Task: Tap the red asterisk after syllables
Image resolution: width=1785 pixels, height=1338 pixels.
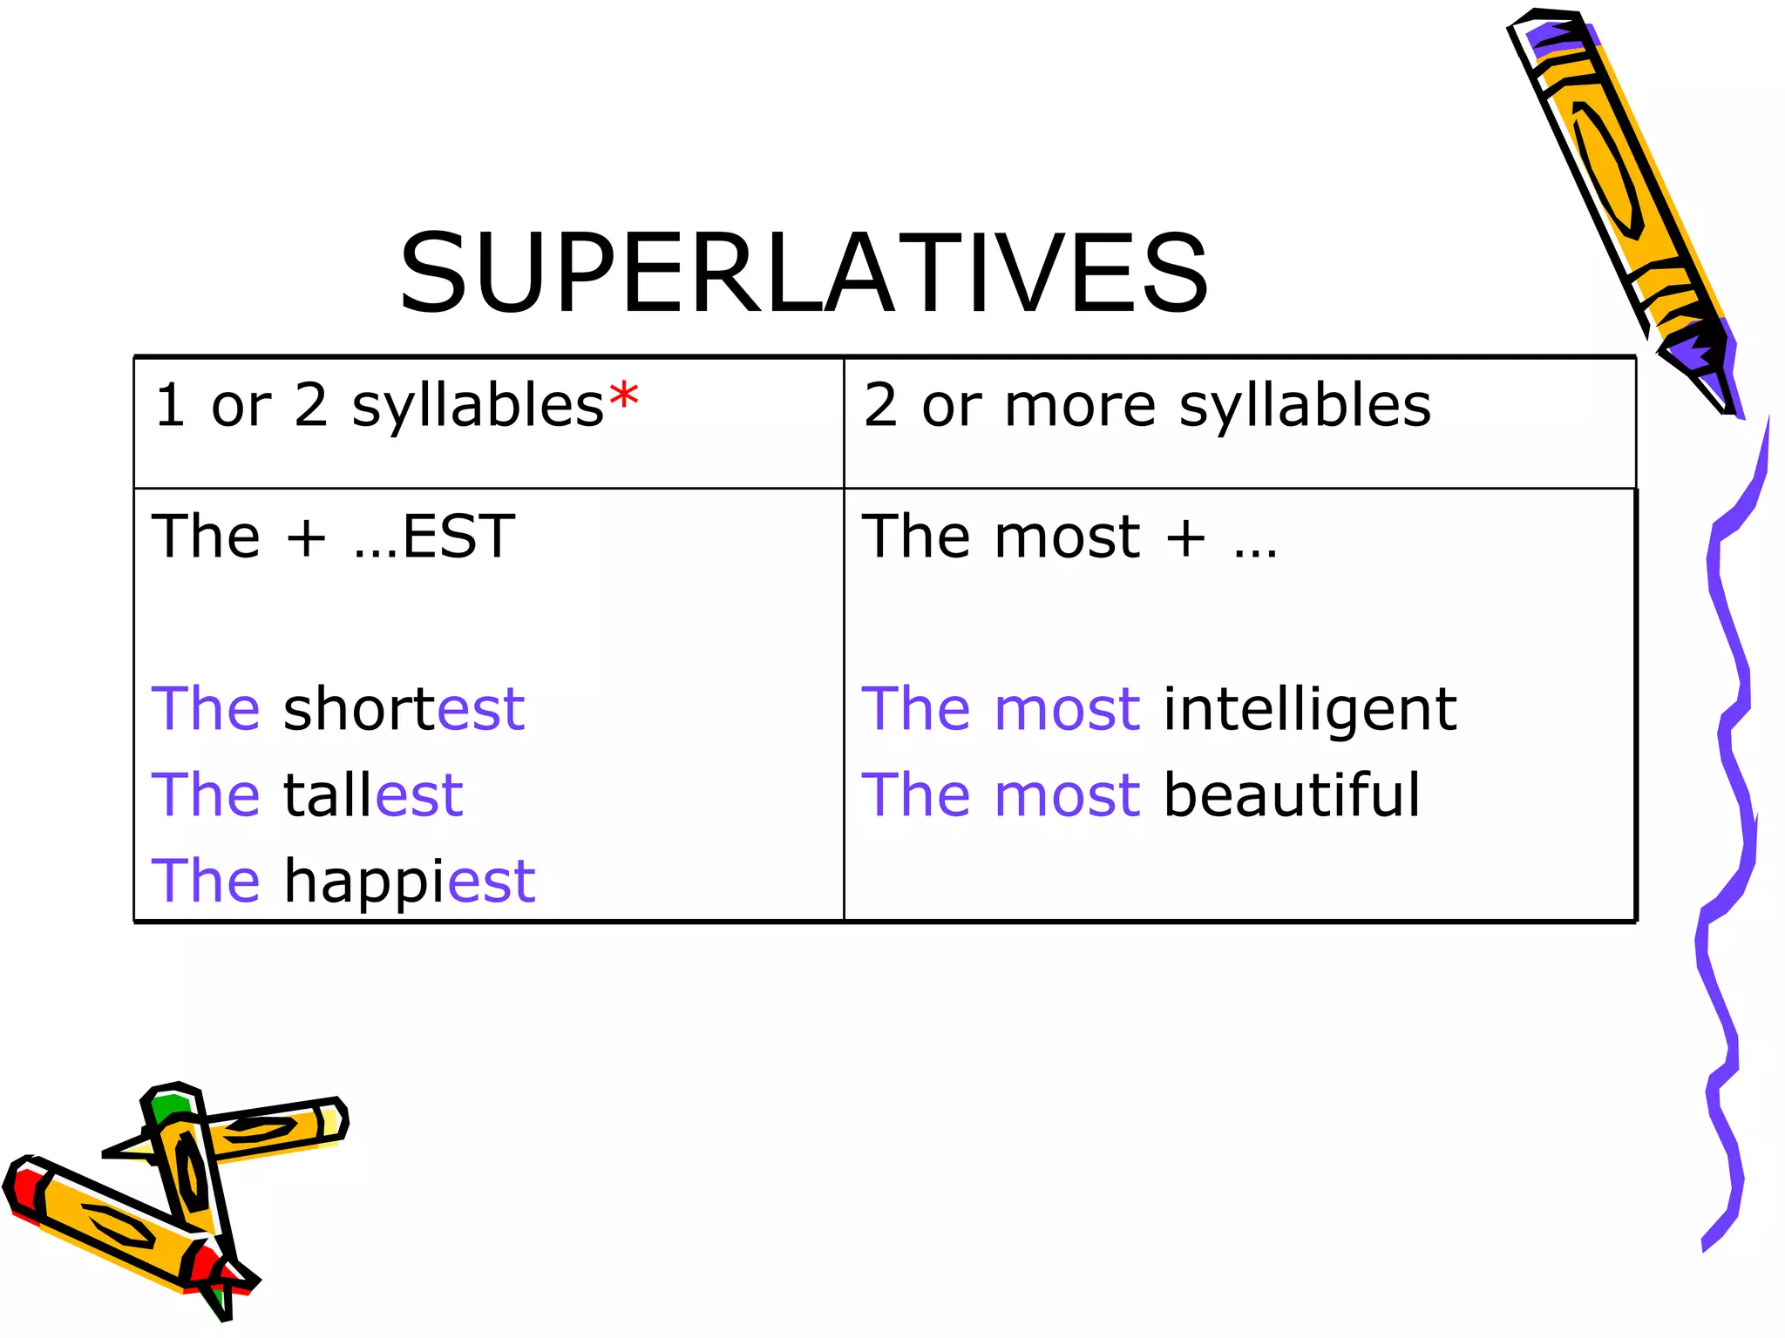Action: (624, 400)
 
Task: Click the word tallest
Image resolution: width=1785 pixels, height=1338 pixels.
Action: (373, 794)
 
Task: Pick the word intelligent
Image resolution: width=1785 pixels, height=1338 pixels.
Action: (1310, 708)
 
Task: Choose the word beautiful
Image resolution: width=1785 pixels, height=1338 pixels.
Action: (1292, 794)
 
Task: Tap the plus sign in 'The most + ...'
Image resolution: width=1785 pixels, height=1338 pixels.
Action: (1186, 537)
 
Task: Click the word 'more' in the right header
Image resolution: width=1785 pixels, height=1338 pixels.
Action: (1079, 406)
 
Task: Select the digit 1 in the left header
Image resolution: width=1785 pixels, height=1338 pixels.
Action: (170, 405)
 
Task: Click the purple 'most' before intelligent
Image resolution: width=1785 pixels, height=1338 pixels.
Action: (1067, 709)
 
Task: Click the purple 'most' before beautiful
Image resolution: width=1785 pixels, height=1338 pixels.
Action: (1067, 795)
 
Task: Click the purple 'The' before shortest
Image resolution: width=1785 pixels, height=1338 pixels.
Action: (206, 708)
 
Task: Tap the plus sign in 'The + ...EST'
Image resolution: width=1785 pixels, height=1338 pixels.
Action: (306, 537)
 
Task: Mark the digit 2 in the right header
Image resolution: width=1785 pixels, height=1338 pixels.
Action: (880, 405)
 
